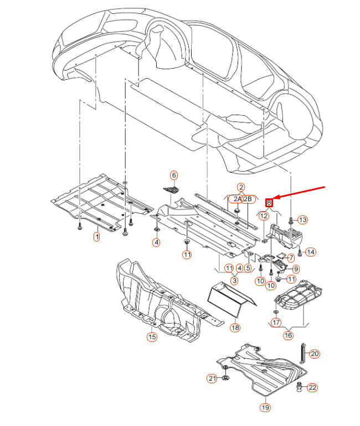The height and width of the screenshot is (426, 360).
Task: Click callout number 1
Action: pyautogui.click(x=96, y=237)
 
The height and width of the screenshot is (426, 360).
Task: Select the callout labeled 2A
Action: pyautogui.click(x=237, y=199)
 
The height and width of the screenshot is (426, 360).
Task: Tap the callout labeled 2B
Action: pyautogui.click(x=248, y=199)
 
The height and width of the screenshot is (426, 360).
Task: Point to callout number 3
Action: pyautogui.click(x=235, y=281)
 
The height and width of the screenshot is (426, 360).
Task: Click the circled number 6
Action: pyautogui.click(x=174, y=176)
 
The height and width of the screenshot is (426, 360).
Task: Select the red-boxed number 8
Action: pyautogui.click(x=270, y=203)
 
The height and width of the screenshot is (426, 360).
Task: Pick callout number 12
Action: pyautogui.click(x=264, y=216)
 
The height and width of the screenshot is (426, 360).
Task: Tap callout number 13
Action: pyautogui.click(x=302, y=220)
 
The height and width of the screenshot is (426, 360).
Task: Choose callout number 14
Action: pyautogui.click(x=311, y=252)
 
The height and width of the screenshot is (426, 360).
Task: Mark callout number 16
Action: pyautogui.click(x=289, y=335)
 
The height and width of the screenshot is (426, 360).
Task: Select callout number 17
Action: pyautogui.click(x=276, y=322)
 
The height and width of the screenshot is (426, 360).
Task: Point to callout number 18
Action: pyautogui.click(x=235, y=327)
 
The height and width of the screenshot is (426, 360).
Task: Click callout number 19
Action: pyautogui.click(x=265, y=408)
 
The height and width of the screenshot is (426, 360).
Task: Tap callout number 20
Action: pyautogui.click(x=315, y=353)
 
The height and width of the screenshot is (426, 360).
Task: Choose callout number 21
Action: pyautogui.click(x=212, y=378)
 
